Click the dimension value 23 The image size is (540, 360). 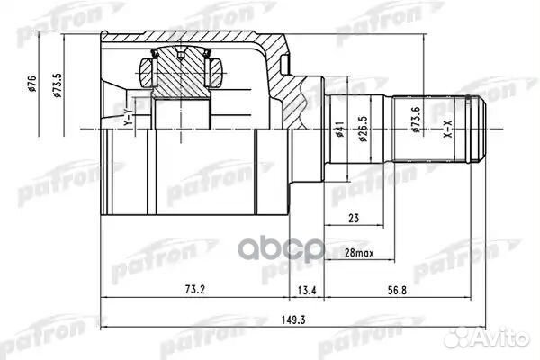(354, 218)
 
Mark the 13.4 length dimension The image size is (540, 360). (306, 290)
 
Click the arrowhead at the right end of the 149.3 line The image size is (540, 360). (486, 326)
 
